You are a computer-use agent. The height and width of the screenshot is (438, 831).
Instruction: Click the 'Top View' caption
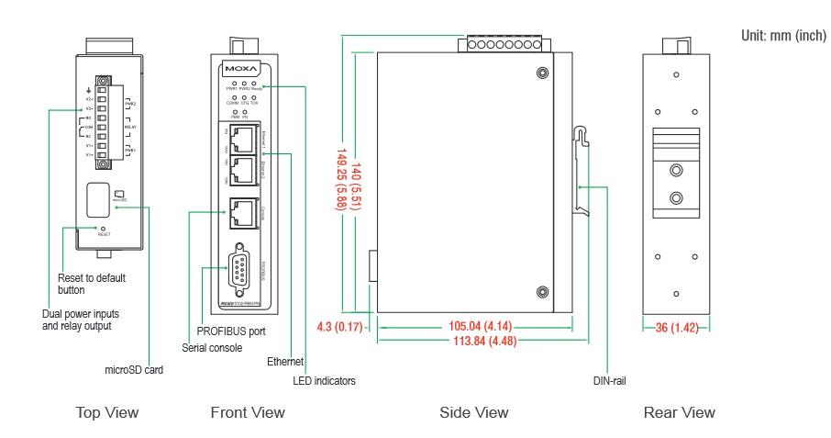[107, 413]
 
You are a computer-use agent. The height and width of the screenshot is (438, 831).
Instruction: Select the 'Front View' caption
[248, 413]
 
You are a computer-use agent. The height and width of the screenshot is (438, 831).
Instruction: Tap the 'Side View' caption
[473, 413]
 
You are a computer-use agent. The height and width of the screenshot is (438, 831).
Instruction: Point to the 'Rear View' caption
[679, 413]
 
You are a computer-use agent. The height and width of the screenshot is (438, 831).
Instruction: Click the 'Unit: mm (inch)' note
[783, 36]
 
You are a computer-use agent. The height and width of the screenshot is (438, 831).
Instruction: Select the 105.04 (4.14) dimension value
[474, 326]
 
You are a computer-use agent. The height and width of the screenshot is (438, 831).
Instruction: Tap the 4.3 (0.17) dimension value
[340, 326]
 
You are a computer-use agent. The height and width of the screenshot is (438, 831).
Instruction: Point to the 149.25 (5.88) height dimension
[342, 180]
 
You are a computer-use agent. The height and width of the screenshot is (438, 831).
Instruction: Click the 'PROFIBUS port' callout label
[231, 331]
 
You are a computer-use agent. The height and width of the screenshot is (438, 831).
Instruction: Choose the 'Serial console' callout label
[212, 348]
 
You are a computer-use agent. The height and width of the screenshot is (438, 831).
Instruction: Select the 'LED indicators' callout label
[324, 380]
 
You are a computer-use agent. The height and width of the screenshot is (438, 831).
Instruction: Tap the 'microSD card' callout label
[134, 370]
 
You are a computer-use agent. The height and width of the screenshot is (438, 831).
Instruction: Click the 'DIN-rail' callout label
[609, 380]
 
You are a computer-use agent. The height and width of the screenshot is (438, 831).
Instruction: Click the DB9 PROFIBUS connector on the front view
[239, 269]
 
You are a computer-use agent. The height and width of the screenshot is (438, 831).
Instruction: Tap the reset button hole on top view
[102, 228]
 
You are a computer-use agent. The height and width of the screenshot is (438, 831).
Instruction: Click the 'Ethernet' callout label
[285, 362]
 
